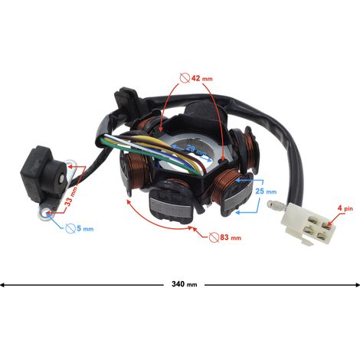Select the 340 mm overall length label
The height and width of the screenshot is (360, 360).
point(185,284)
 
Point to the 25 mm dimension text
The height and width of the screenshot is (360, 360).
point(266,191)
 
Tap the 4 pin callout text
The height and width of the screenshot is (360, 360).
point(345,208)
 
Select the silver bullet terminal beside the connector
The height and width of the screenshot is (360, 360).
point(275,205)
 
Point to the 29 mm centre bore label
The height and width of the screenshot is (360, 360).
point(196,150)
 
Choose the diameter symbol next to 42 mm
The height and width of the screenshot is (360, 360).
point(185,78)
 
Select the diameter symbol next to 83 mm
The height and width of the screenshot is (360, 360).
point(214,237)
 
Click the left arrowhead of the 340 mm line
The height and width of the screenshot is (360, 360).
point(2,284)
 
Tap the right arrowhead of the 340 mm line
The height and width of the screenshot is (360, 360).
point(357,284)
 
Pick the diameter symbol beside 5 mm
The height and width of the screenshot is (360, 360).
point(70,228)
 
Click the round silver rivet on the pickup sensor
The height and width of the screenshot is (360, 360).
point(62,180)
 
